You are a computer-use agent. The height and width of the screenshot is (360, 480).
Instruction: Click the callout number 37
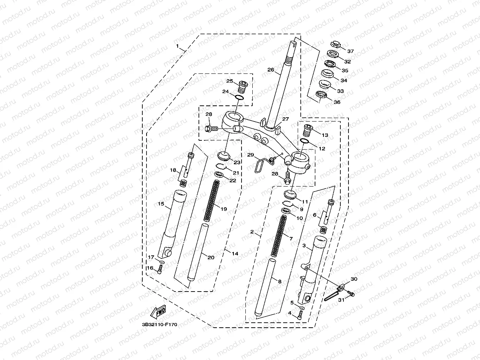coord(350,52)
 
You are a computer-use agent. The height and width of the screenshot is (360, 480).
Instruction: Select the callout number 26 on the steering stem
coord(270,70)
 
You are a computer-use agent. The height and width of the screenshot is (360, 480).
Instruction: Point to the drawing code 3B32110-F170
coord(159,325)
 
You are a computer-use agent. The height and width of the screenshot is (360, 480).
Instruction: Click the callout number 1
coord(177,46)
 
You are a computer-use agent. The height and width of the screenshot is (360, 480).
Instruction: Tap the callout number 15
coord(161,203)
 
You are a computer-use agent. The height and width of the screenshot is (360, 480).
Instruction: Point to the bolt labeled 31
coord(350,294)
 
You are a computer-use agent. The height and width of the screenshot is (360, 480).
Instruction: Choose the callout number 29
coord(250,155)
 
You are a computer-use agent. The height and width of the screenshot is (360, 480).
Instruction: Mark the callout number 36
coord(337,102)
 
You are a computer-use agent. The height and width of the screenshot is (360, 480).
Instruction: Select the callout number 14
coord(235,253)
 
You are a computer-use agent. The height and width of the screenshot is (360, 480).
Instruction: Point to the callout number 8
coord(280,282)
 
